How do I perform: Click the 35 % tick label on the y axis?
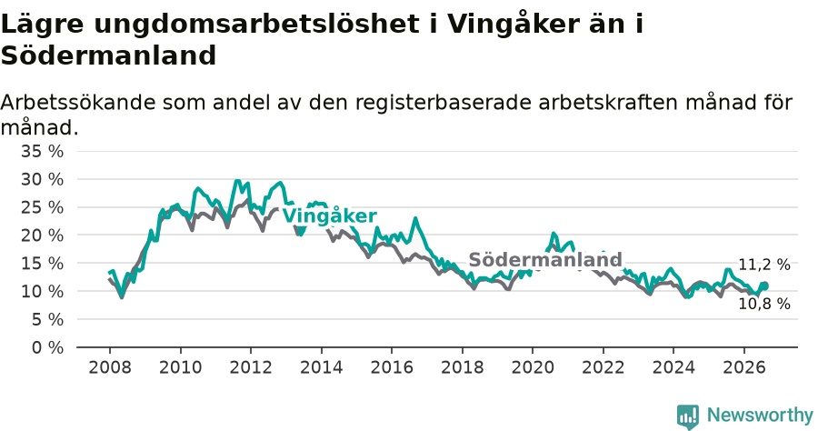point(42,151)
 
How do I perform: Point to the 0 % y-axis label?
point(47,347)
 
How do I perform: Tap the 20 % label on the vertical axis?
point(42,236)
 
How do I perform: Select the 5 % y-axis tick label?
point(47,319)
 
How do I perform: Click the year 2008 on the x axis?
point(110,366)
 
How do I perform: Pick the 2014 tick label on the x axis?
point(322,366)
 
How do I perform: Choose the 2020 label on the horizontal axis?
point(533,366)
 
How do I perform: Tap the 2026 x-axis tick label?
point(743,366)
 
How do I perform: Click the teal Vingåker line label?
point(329,215)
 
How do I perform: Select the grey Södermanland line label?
point(545,259)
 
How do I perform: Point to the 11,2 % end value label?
point(764,265)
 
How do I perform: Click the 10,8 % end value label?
point(764,303)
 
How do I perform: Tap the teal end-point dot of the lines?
point(764,286)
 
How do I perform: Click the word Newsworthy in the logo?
point(760,415)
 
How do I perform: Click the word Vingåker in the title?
point(513,24)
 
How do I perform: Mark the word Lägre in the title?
point(42,24)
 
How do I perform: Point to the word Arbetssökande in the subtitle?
point(78,102)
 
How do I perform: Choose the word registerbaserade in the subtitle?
point(443,103)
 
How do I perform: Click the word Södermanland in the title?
point(108,55)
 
